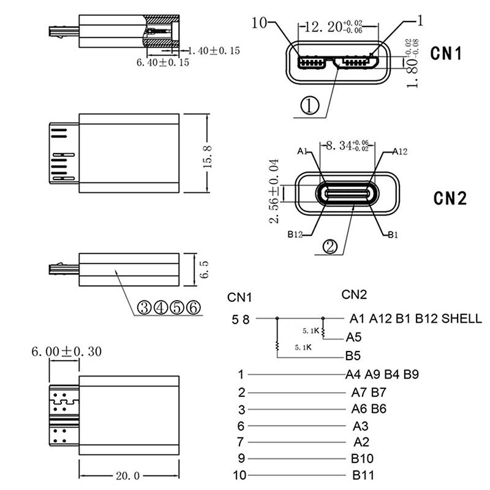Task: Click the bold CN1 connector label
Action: pos(445,53)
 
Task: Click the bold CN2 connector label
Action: pos(450,198)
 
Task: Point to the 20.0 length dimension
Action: pos(129,475)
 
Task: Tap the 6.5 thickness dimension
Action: pos(205,269)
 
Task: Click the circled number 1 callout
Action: pos(309,107)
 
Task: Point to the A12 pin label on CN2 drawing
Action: pos(399,151)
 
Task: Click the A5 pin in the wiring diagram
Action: pos(354,336)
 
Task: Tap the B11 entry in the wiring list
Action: pos(363,475)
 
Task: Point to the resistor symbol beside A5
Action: pos(324,332)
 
